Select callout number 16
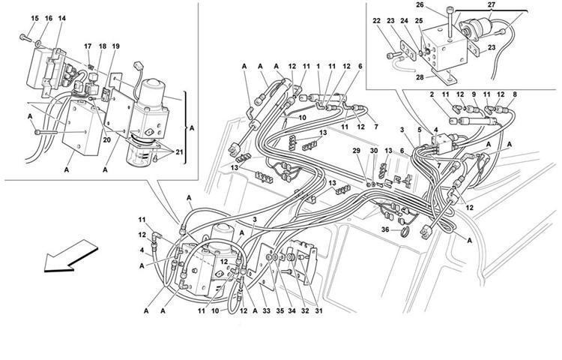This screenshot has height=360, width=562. click(x=49, y=17)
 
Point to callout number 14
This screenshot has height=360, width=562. click(x=61, y=17)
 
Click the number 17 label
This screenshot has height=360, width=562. click(x=88, y=46)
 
